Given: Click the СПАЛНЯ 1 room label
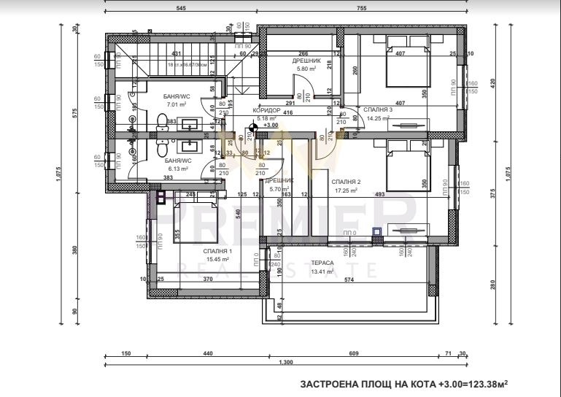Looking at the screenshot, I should [x=217, y=250].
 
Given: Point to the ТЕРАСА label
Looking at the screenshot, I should [x=322, y=263].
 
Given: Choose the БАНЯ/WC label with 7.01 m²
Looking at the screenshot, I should [x=177, y=96].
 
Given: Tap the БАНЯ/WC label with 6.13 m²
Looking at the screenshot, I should [x=177, y=160].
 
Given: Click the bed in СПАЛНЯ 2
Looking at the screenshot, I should [x=407, y=168].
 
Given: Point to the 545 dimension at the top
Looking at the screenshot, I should [x=181, y=8].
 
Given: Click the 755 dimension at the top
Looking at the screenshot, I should [x=360, y=8].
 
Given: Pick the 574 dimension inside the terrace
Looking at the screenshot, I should [x=348, y=280].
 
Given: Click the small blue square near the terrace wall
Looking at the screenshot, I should [x=376, y=234].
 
